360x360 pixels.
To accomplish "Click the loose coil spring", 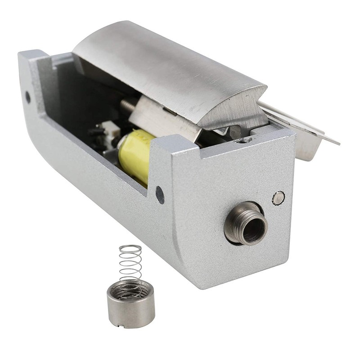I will pos(130,265).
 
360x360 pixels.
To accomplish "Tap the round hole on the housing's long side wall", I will pos(160,194).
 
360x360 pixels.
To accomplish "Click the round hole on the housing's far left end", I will pos(28,96).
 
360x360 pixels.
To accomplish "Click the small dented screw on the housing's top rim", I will pos(243,141).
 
